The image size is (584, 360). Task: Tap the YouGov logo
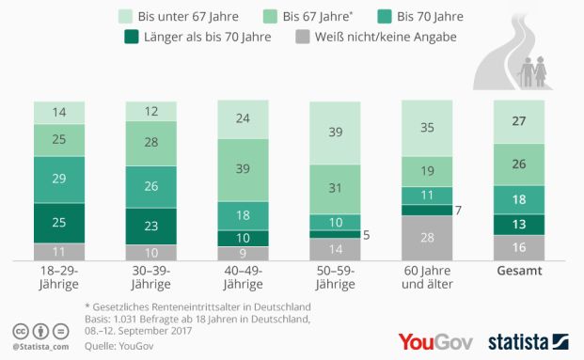[435, 340]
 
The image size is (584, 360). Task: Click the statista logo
[530, 340]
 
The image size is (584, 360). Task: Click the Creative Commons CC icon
[20, 331]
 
